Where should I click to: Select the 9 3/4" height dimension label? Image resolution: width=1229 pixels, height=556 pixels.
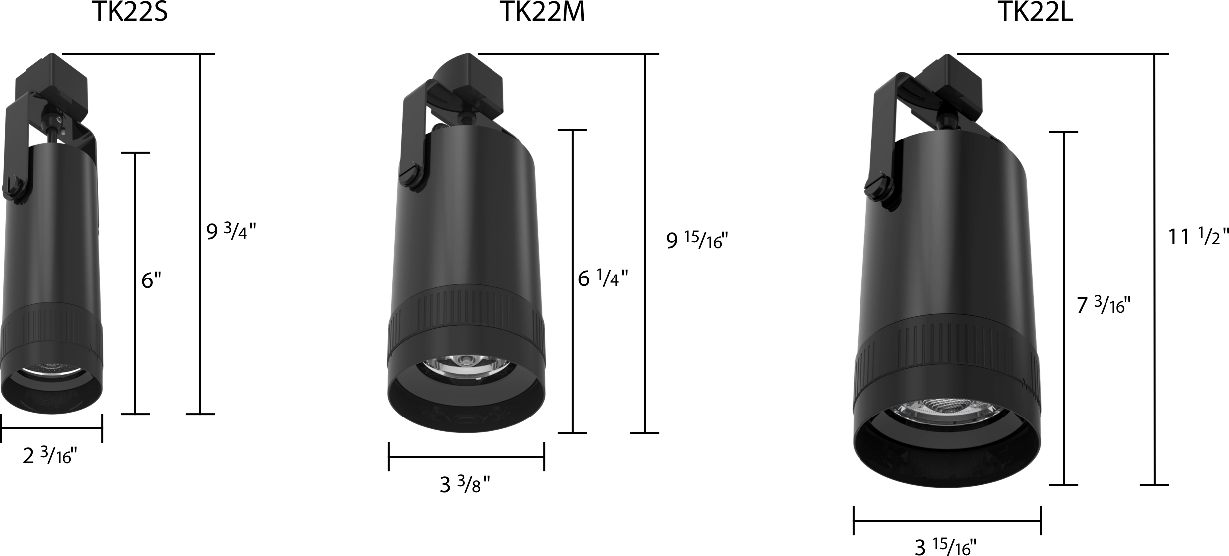[x=232, y=232]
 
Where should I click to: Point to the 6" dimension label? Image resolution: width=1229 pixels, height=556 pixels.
[x=152, y=280]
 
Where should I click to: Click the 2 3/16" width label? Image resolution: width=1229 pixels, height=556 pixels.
[x=50, y=456]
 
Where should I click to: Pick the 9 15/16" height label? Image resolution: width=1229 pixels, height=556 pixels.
[x=697, y=241]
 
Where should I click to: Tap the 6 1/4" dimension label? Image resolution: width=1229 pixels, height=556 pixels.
[x=603, y=278]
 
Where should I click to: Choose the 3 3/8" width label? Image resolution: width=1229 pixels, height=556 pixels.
[x=465, y=484]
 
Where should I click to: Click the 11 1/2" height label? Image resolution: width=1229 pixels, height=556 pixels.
[x=1198, y=236]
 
